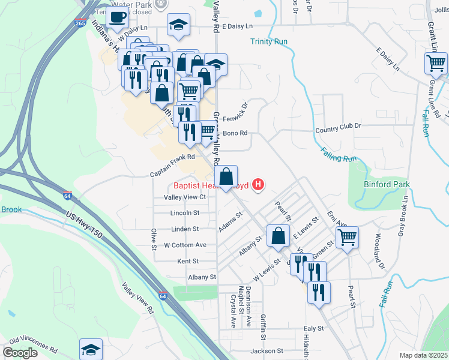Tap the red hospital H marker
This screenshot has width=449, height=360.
point(259,185)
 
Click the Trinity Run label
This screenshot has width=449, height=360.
point(269,41)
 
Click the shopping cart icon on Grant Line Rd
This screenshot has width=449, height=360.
point(436,62)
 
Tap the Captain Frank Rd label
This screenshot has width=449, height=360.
point(173,158)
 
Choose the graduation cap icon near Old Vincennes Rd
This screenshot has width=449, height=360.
point(91,349)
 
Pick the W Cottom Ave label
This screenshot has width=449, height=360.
point(185,245)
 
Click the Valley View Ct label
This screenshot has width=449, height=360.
point(185,197)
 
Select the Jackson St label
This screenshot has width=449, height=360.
point(267,350)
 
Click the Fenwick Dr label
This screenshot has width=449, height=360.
point(237,112)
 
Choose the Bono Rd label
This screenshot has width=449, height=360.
point(235,133)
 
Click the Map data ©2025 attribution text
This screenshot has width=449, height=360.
point(423,355)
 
